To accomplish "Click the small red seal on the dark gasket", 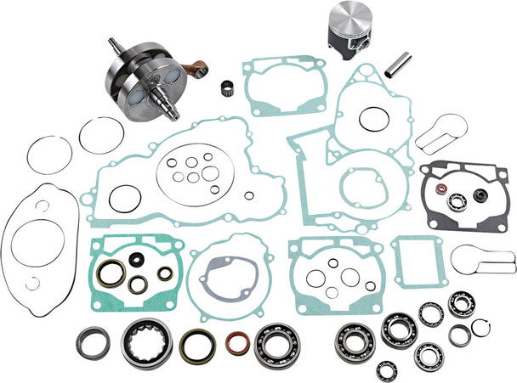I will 442,185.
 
